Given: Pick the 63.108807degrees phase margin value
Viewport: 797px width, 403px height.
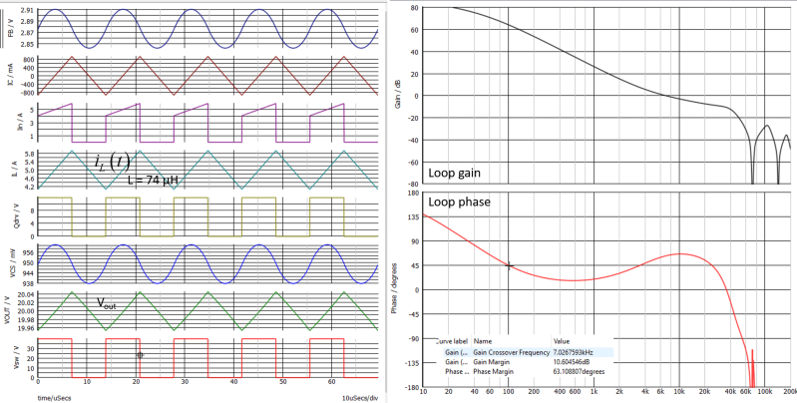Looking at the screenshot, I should pos(593,372).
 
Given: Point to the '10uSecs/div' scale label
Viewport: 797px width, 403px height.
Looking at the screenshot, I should pos(356,396).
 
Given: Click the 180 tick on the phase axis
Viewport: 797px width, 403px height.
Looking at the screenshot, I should pos(411,193).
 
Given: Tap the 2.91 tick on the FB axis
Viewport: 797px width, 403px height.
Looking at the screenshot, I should pos(27,10).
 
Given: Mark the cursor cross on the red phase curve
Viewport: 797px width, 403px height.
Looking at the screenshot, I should pos(509,265).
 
